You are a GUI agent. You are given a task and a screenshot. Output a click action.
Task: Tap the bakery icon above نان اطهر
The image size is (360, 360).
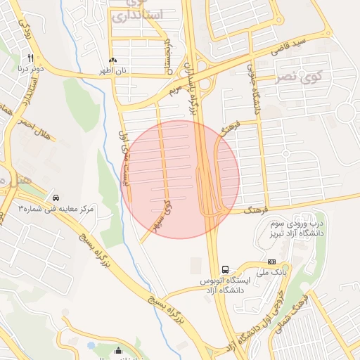point(112,61)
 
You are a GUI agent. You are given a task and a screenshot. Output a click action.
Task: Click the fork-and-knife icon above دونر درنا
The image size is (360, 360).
point(31,57)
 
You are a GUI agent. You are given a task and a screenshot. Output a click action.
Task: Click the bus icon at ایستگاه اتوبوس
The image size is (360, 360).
point(225,269)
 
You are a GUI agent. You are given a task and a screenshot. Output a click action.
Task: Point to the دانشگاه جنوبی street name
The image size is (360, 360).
point(256,88)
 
